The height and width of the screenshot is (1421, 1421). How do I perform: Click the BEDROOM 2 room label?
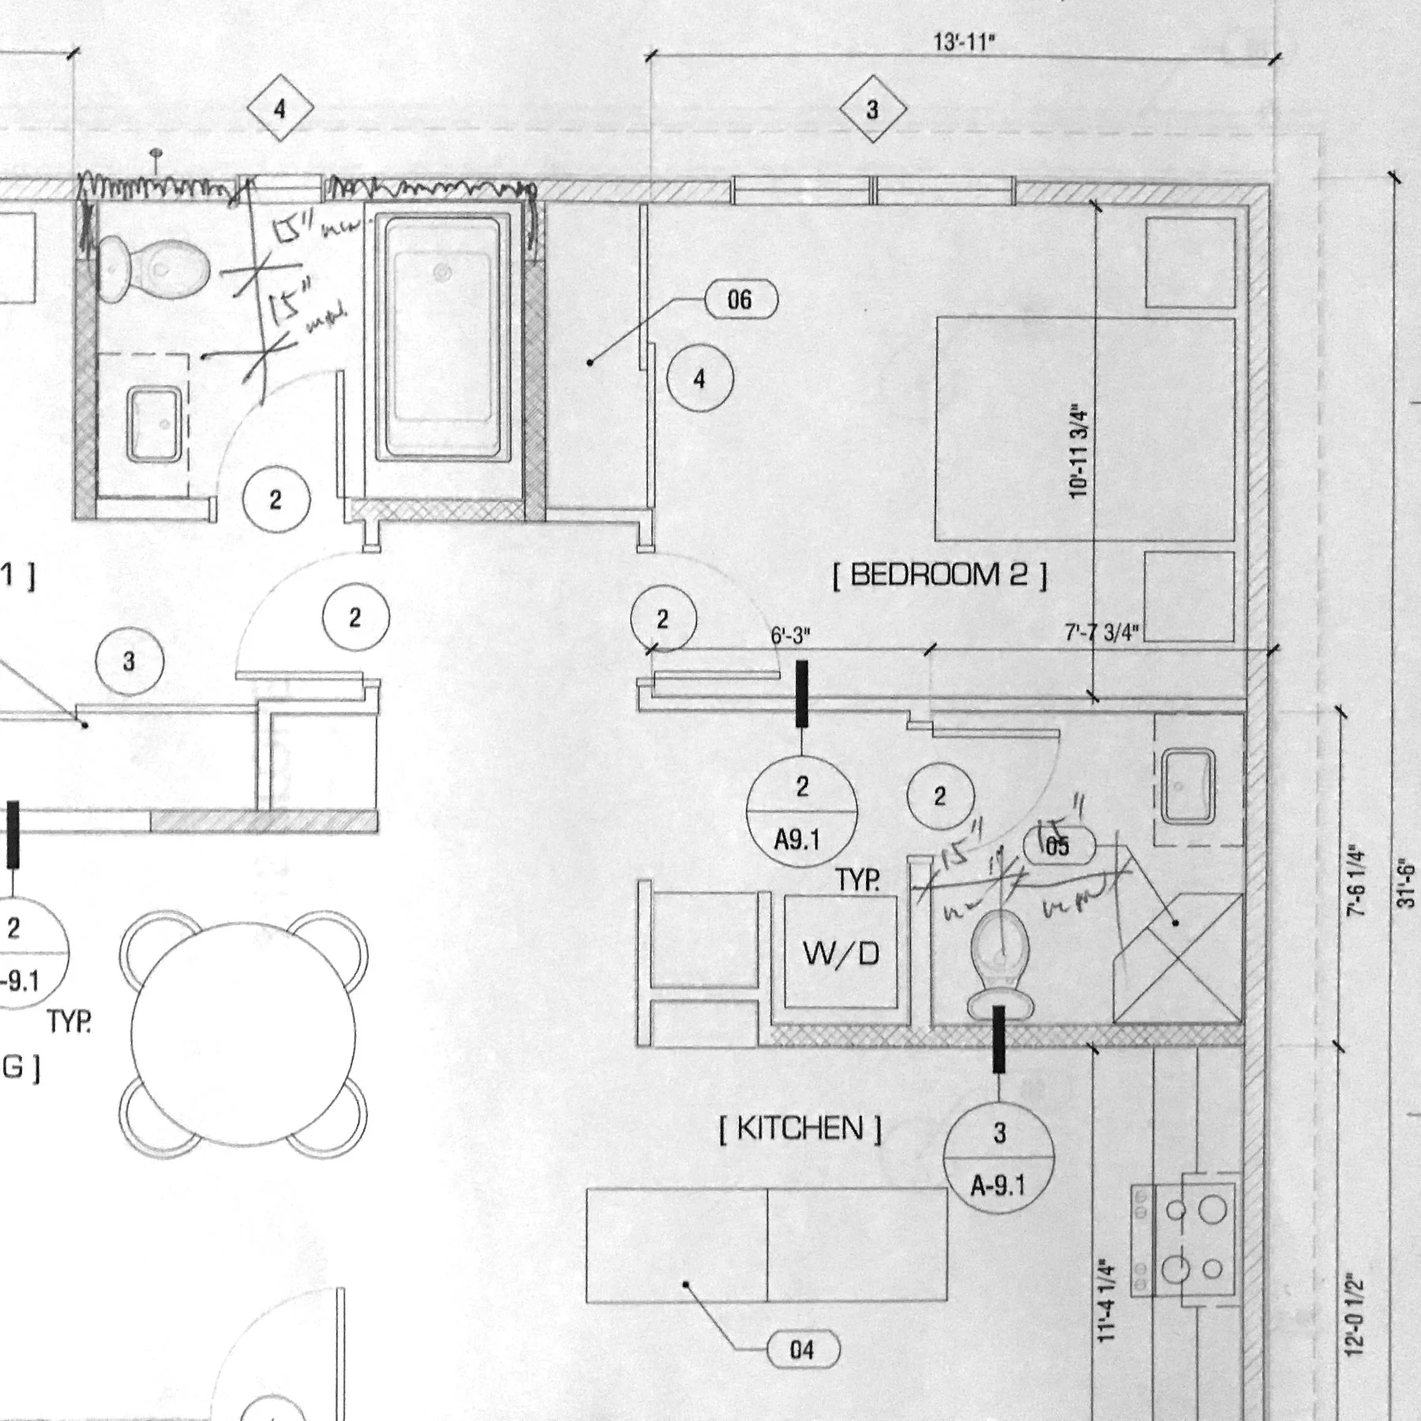pyautogui.click(x=940, y=575)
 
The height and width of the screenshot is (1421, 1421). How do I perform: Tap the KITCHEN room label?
pyautogui.click(x=800, y=1128)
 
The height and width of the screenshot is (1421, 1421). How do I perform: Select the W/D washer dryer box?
pyautogui.click(x=841, y=954)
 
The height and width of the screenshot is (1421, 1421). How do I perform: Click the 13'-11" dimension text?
pyautogui.click(x=964, y=42)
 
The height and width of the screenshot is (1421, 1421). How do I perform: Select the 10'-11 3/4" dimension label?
pyautogui.click(x=1079, y=452)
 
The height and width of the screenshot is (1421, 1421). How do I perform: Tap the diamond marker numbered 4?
pyautogui.click(x=279, y=109)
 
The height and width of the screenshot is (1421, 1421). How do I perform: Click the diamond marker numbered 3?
pyautogui.click(x=872, y=109)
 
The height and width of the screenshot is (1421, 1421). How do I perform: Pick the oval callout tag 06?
pyautogui.click(x=740, y=300)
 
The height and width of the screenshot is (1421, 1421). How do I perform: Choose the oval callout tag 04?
pyautogui.click(x=802, y=1350)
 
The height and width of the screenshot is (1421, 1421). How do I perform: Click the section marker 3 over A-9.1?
pyautogui.click(x=999, y=1159)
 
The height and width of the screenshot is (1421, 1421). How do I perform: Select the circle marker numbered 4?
pyautogui.click(x=699, y=379)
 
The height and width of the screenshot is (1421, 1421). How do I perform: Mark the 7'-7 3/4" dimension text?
pyautogui.click(x=1102, y=633)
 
